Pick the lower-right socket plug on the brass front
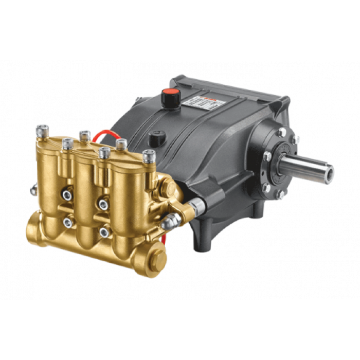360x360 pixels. pos(105,232)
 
